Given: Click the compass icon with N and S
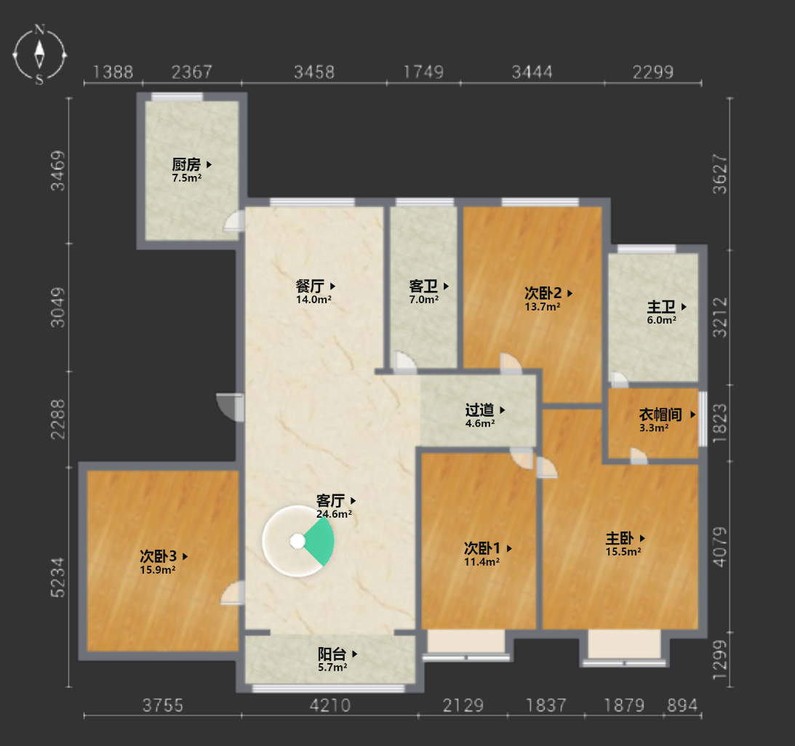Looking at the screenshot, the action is coord(39,54).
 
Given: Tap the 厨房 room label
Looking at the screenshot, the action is coord(186,165).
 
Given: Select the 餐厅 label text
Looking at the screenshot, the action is coord(310,286).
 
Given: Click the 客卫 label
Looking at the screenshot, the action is coord(423,286).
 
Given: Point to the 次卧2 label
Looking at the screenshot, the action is coord(543,293).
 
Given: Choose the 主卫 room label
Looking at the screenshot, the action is coord(661,307).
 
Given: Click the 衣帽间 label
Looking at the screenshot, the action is coord(660,414).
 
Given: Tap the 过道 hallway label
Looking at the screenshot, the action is coord(479,410).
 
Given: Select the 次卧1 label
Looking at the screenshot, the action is coord(482,548).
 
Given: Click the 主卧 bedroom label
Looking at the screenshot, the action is coord(620,538).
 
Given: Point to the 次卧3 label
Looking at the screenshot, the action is coord(158,556).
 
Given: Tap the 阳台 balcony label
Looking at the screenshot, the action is coord(332,654).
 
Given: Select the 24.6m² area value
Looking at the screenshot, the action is coord(334,514).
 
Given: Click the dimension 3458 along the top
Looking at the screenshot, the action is coord(314,72).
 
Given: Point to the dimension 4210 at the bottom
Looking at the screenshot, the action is coord(330,705).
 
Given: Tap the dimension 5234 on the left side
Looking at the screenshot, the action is coord(58,577).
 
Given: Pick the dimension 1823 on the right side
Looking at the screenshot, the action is coord(720,423).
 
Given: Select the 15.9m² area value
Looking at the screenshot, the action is coord(158,569).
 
